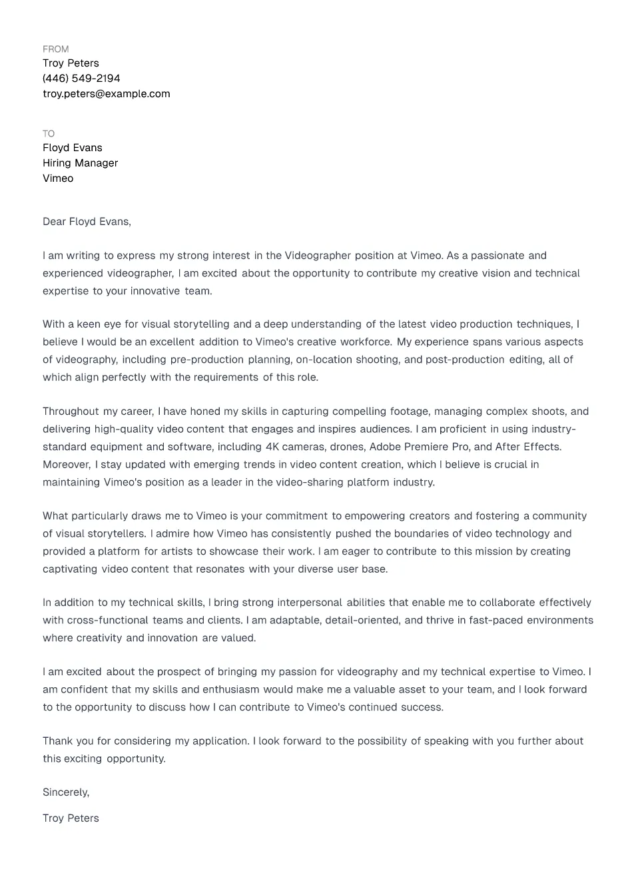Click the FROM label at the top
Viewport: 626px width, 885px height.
pyautogui.click(x=55, y=49)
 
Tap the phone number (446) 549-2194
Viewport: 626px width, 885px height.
pyautogui.click(x=81, y=79)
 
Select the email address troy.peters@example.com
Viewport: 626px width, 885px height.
pyautogui.click(x=106, y=94)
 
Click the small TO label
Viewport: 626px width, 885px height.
pyautogui.click(x=49, y=134)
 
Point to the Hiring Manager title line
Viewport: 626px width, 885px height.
pyautogui.click(x=80, y=163)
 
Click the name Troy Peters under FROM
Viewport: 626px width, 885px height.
pyautogui.click(x=71, y=63)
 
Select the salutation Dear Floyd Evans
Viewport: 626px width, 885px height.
pyautogui.click(x=87, y=222)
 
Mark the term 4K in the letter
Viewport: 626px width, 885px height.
pyautogui.click(x=272, y=447)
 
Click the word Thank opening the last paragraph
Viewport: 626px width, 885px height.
pyautogui.click(x=59, y=741)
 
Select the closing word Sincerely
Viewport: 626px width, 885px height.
pyautogui.click(x=65, y=792)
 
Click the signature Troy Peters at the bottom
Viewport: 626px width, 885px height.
pyautogui.click(x=71, y=818)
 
